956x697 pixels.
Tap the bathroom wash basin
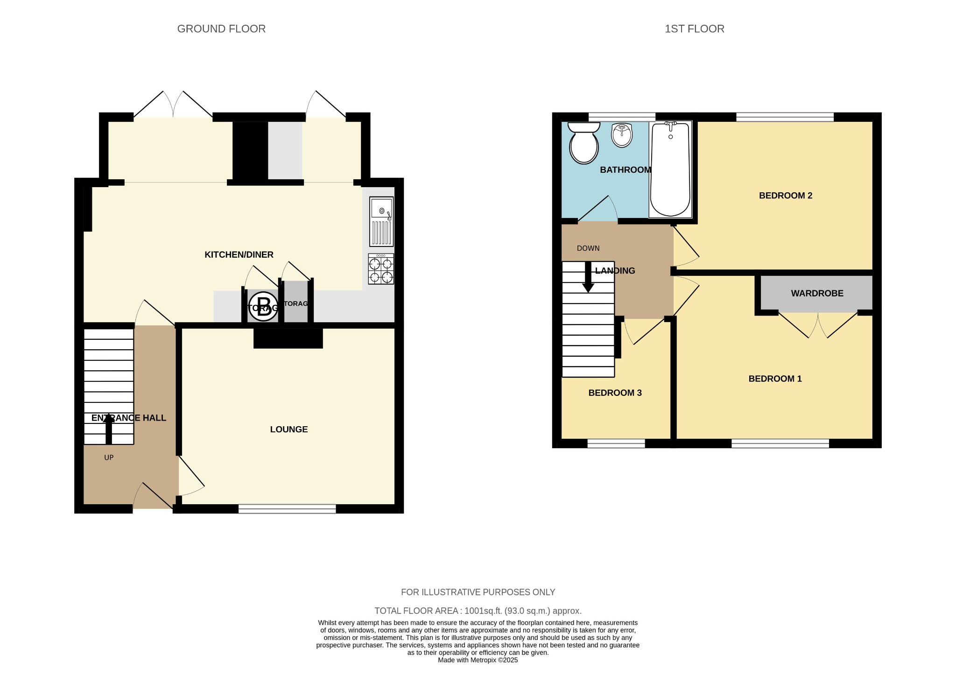(x=622, y=135)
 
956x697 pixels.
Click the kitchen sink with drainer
(x=381, y=221)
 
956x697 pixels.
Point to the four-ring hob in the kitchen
(x=381, y=269)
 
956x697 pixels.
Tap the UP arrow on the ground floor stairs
(x=109, y=429)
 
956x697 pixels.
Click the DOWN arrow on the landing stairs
(x=588, y=277)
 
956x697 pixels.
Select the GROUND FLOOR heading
(x=221, y=29)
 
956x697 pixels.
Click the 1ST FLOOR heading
(x=694, y=29)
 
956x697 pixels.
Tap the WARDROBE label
(x=817, y=294)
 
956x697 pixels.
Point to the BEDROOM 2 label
(x=785, y=196)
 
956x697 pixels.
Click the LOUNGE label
(x=289, y=429)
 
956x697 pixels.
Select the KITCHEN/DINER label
(x=239, y=255)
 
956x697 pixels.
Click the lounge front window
(x=287, y=509)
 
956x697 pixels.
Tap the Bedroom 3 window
(x=616, y=444)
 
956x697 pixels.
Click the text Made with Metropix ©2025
(x=478, y=660)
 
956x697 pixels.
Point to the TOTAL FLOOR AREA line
(x=478, y=611)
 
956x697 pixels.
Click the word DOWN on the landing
(x=588, y=248)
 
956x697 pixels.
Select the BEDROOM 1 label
(x=775, y=379)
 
